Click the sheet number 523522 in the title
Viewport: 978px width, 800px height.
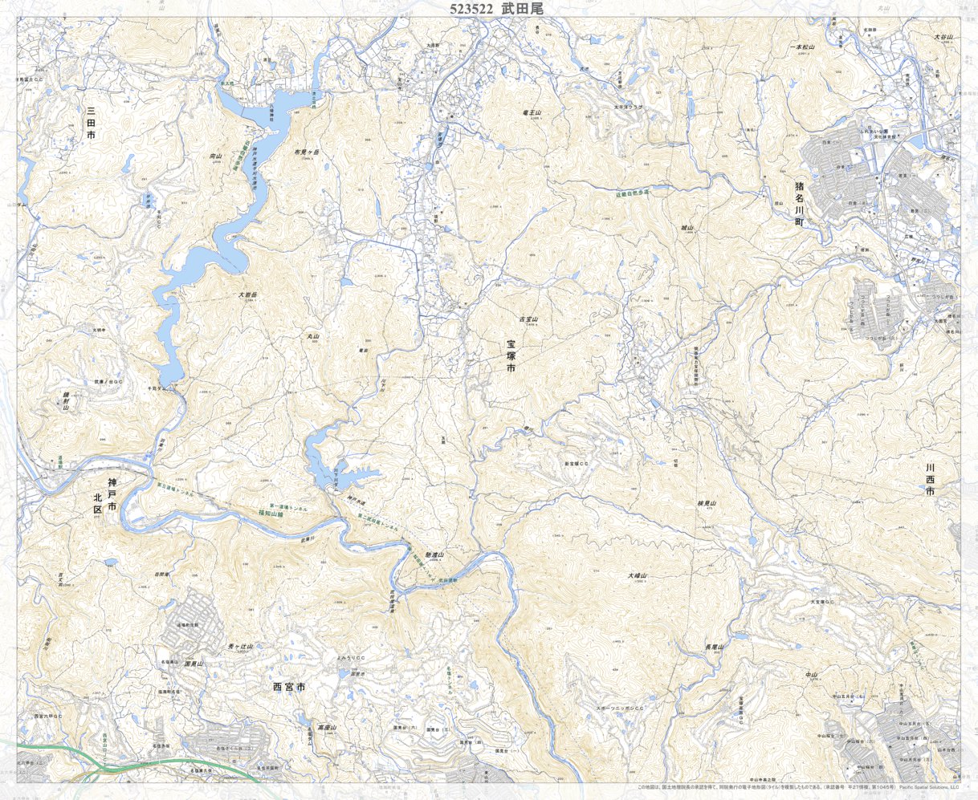tap(471, 9)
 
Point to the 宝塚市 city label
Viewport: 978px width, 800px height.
tap(511, 355)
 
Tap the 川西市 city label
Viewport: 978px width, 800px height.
tap(930, 478)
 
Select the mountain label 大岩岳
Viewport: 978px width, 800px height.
tap(247, 295)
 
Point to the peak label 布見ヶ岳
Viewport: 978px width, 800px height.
tap(307, 152)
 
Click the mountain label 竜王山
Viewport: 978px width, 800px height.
tap(532, 114)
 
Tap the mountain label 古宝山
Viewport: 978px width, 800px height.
tap(528, 319)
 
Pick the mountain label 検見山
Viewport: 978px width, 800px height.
tap(707, 504)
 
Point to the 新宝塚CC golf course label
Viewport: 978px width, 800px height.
tap(577, 464)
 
